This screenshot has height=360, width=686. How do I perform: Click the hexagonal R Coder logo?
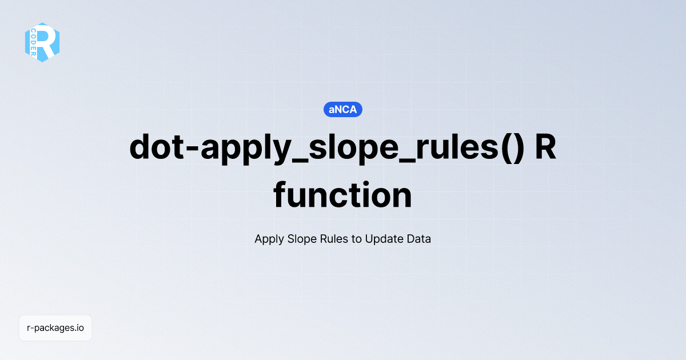pos(42,42)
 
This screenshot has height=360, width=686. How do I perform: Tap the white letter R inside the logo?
pos(47,42)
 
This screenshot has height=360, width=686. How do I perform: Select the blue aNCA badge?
pos(343,109)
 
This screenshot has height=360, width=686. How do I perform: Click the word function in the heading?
pos(343,195)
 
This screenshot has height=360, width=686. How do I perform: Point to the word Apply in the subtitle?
pos(268,239)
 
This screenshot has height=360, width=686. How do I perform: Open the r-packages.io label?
pos(55,328)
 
